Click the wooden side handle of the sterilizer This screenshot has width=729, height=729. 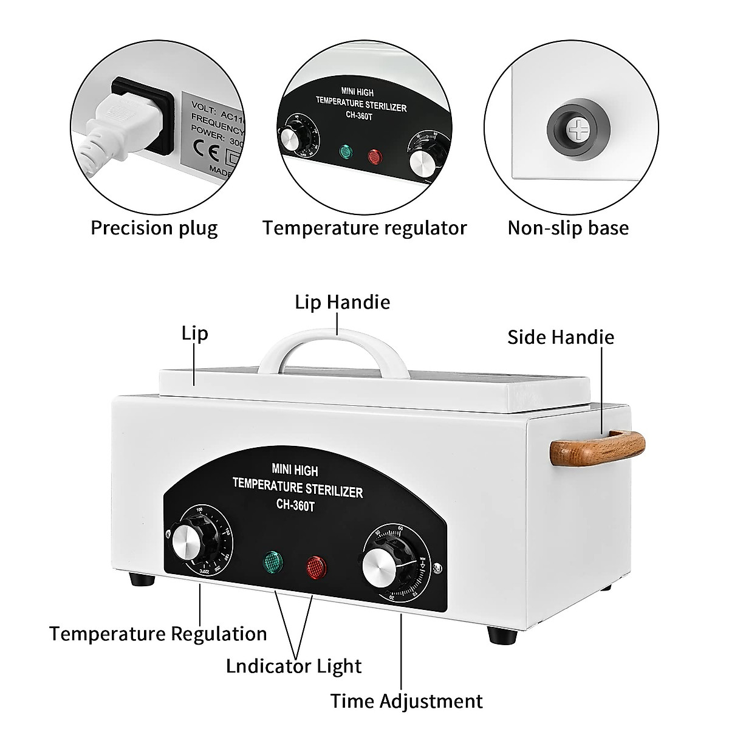tap(597, 447)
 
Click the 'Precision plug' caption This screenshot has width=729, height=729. tap(154, 228)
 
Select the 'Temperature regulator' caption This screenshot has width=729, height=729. tap(364, 228)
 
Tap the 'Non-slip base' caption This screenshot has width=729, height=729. tap(568, 228)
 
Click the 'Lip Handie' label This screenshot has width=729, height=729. tap(343, 302)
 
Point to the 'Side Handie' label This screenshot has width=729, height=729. tap(561, 337)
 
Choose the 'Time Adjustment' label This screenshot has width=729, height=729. tap(406, 700)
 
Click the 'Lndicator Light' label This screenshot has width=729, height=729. tap(294, 666)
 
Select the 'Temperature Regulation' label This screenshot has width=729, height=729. tap(158, 634)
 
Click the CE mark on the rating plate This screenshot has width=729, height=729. tap(202, 147)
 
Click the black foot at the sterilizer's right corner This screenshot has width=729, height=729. tap(502, 636)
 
